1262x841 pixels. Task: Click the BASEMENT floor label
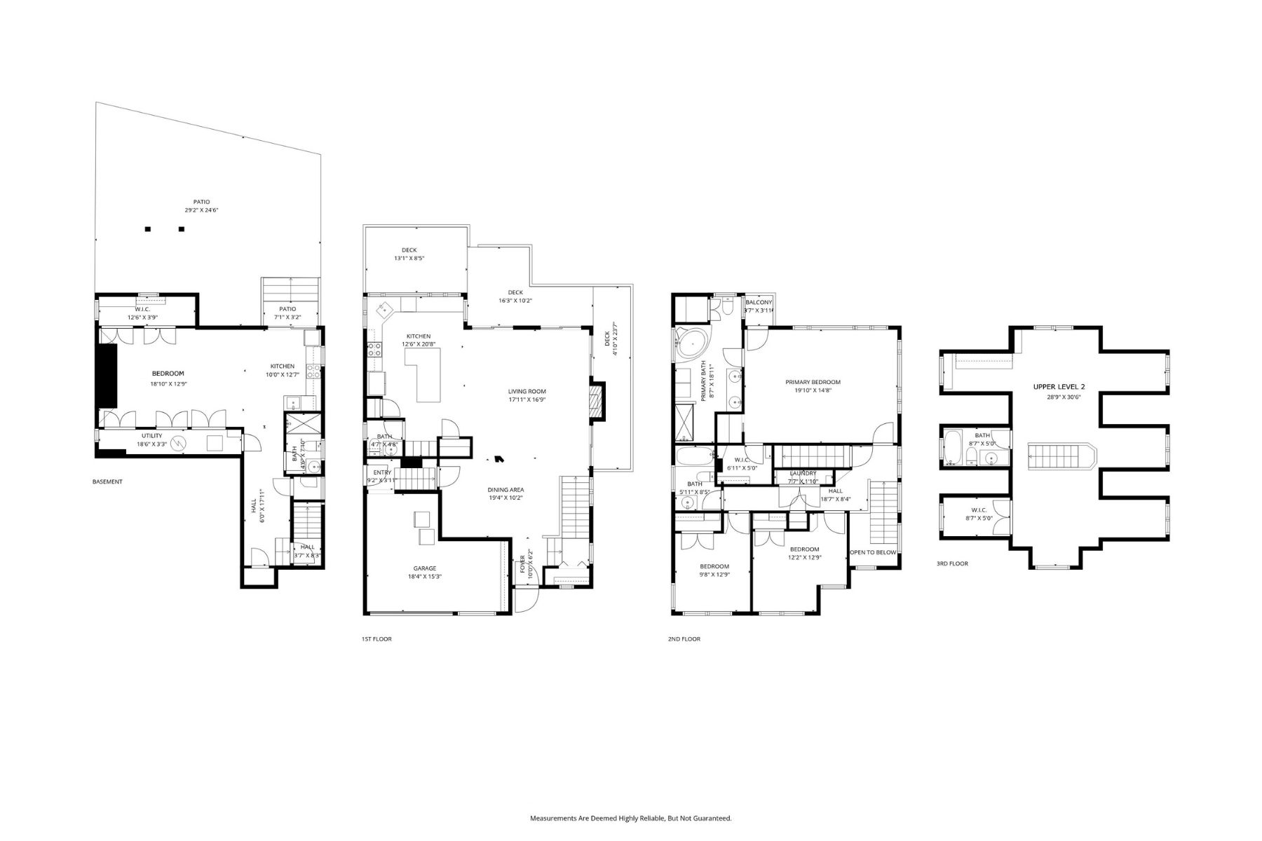pos(107,481)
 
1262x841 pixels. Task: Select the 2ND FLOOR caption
pos(684,639)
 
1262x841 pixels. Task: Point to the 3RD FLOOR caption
pos(952,563)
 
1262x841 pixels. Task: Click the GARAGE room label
pos(424,568)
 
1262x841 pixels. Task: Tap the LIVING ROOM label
pos(527,392)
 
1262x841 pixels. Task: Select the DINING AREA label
pos(506,490)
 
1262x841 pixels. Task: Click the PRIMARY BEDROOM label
pos(813,382)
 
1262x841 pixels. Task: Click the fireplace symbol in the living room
pos(595,402)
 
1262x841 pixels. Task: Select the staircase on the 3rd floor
pos(1059,457)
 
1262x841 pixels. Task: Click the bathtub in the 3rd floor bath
pos(953,449)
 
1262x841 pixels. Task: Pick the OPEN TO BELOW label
pos(873,552)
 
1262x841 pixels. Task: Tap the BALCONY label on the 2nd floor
pos(759,302)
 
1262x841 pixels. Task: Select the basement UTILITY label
pos(151,436)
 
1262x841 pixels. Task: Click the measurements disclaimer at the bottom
pos(630,818)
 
